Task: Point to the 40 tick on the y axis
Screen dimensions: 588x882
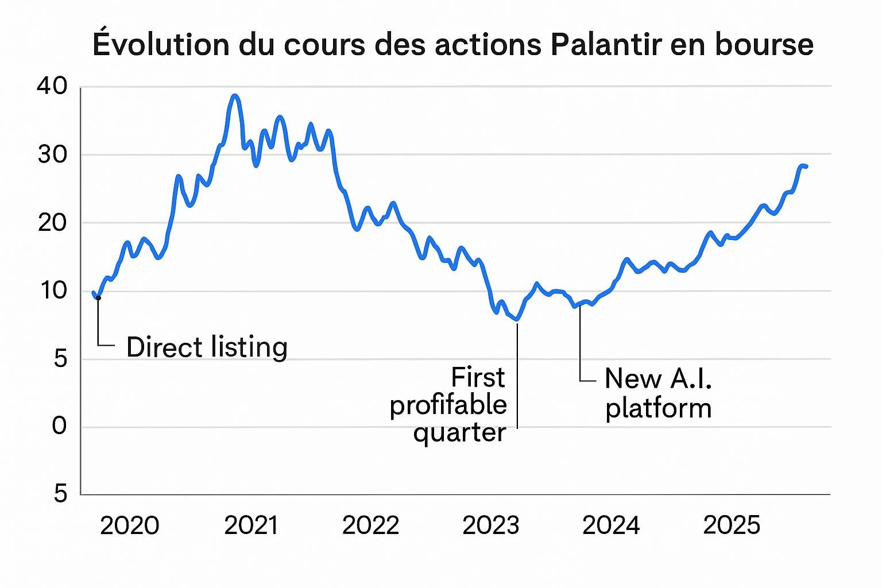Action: [x=52, y=86]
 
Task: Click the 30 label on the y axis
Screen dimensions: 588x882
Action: [x=52, y=154]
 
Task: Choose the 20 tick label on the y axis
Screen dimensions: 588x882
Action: [x=52, y=222]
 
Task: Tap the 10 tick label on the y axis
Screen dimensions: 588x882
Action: [x=52, y=291]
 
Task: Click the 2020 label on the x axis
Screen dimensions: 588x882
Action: [x=129, y=525]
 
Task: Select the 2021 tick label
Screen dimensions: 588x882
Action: [x=251, y=525]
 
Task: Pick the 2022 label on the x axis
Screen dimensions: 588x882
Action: [x=370, y=525]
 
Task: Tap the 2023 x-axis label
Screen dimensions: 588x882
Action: [x=490, y=525]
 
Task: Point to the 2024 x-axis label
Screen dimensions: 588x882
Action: [x=610, y=525]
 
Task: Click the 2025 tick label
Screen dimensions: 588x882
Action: [x=732, y=525]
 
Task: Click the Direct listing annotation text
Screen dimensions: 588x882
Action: [x=207, y=347]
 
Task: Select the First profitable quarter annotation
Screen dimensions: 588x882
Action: [x=448, y=405]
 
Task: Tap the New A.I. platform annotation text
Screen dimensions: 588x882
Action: [x=658, y=393]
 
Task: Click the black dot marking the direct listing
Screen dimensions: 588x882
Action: [x=98, y=297]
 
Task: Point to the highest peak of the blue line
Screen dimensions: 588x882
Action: [x=234, y=95]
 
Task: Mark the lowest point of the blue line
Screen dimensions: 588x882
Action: [x=517, y=319]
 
